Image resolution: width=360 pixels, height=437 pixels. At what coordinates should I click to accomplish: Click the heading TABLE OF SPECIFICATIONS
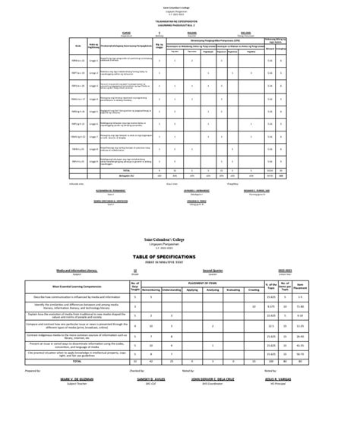pyautogui.click(x=180, y=258)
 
